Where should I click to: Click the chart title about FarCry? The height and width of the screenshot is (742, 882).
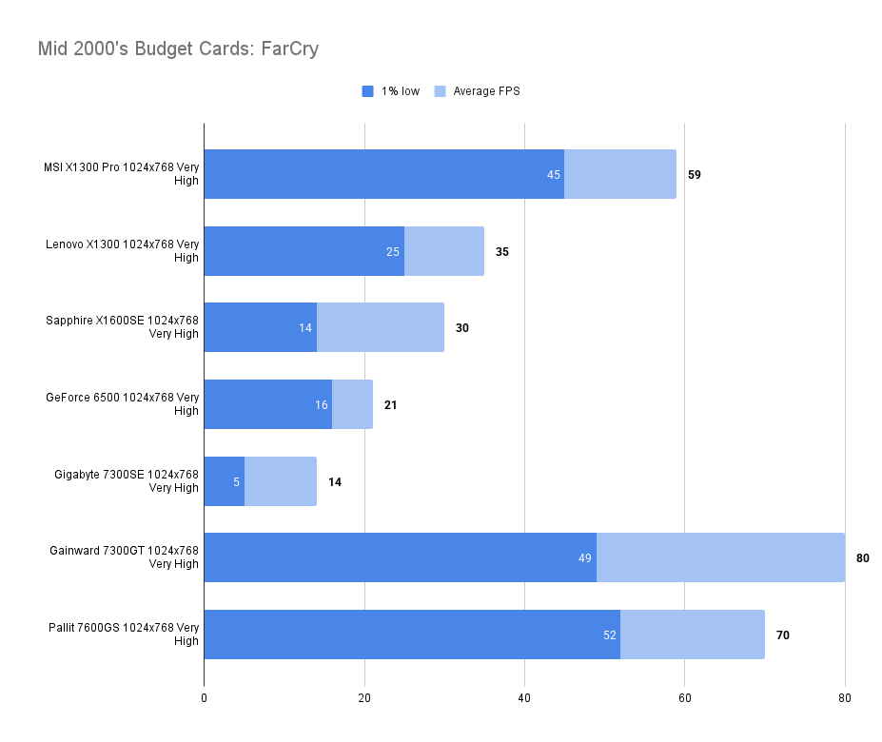178,49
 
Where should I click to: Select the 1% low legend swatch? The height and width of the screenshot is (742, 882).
368,91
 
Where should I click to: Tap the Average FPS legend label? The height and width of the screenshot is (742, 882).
486,91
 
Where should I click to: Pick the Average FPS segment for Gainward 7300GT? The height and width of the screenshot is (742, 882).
720,557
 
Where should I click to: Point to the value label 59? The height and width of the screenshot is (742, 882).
695,175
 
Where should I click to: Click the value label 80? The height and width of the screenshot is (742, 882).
863,557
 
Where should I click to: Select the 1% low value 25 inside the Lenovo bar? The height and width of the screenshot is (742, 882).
393,251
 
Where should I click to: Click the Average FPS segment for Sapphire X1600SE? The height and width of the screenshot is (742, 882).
380,327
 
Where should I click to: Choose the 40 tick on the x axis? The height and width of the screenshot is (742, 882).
524,698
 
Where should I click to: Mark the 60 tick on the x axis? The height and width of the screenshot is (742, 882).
684,698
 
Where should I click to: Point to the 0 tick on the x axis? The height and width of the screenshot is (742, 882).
204,698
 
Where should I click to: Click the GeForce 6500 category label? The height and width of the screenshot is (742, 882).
122,404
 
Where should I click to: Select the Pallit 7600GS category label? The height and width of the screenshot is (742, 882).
124,634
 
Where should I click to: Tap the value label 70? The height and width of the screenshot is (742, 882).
783,635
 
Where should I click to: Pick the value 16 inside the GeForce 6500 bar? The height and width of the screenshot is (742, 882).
322,404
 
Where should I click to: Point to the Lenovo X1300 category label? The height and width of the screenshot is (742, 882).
123,251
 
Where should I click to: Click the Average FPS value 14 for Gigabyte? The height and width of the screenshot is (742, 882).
335,481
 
